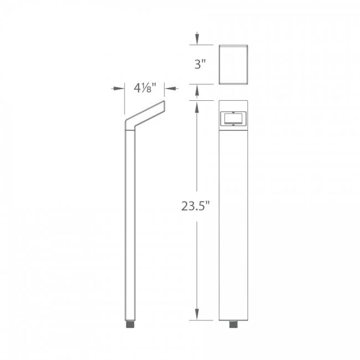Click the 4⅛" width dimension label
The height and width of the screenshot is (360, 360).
click(x=146, y=88)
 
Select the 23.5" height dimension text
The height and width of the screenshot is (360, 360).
click(x=197, y=207)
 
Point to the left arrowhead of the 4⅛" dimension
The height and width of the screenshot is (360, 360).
click(x=121, y=88)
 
